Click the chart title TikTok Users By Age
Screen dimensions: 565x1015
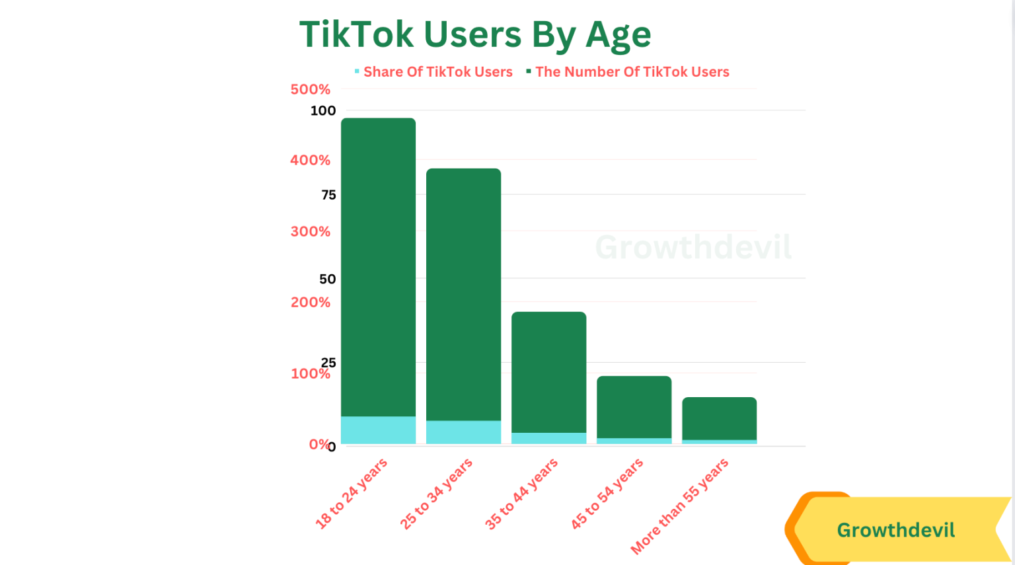(475, 34)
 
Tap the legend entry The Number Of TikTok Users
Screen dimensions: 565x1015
(632, 72)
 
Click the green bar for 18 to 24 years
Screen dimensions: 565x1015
(378, 264)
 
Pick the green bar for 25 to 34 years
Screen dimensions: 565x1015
(463, 291)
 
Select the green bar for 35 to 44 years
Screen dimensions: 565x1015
(548, 370)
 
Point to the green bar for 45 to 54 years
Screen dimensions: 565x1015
(634, 406)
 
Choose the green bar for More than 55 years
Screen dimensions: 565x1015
(719, 418)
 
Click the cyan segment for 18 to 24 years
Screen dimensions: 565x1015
(378, 430)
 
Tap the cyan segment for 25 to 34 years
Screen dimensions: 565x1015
(463, 432)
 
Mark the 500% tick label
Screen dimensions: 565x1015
(310, 89)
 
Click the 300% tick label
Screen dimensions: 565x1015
(310, 231)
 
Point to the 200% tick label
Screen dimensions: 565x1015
(310, 302)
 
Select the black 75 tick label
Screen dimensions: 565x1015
(328, 195)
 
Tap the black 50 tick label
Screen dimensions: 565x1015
(327, 279)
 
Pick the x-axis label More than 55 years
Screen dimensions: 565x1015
(680, 506)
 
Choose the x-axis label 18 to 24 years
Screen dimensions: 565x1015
(351, 493)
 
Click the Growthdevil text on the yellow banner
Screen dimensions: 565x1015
(895, 530)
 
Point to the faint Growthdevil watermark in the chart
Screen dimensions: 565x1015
(693, 247)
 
